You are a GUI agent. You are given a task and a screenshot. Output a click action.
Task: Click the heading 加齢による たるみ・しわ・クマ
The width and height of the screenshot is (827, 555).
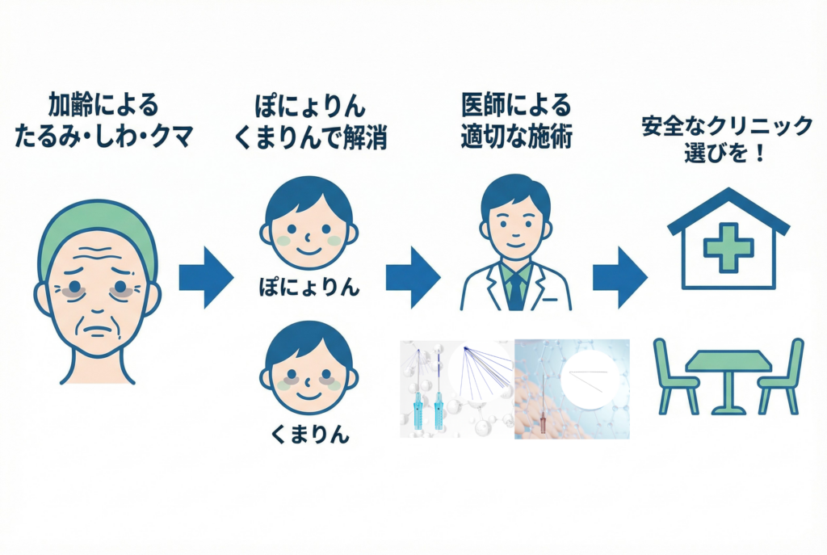click(x=104, y=120)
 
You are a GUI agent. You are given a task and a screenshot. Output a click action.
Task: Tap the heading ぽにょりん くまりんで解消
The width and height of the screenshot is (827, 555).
click(x=309, y=120)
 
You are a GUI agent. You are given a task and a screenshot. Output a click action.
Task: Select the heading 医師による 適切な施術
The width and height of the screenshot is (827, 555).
click(x=516, y=120)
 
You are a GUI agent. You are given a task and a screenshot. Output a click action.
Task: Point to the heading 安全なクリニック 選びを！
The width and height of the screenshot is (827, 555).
click(x=727, y=139)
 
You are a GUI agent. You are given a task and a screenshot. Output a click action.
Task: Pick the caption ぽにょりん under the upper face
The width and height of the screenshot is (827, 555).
click(x=309, y=286)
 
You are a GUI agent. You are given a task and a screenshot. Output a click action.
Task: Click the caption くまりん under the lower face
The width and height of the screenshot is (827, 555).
click(x=309, y=436)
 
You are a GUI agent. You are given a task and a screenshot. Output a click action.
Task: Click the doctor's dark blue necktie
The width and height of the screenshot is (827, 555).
click(x=515, y=289)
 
